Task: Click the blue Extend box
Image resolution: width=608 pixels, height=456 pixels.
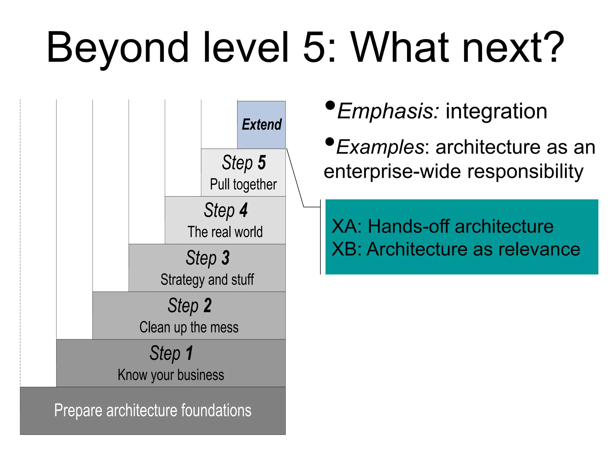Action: point(261,125)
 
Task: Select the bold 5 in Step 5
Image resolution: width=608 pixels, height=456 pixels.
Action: point(262,162)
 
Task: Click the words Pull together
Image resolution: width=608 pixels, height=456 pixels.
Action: point(243,184)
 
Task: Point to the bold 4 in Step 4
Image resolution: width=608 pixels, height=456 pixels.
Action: point(243,210)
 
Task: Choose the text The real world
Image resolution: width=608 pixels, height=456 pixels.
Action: point(225,232)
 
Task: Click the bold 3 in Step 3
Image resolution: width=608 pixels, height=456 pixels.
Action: point(225,258)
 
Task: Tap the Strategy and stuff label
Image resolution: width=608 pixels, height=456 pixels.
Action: point(207,280)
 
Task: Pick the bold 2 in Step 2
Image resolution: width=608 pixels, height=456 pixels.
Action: point(207,305)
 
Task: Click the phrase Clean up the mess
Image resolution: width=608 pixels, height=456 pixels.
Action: point(189,327)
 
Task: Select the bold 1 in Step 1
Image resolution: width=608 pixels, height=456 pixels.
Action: point(189,353)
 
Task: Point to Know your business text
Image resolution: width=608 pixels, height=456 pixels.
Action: point(171,375)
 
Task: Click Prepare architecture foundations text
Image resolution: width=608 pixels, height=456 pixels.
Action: point(153,411)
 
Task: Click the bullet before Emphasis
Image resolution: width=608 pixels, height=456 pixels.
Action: point(330,106)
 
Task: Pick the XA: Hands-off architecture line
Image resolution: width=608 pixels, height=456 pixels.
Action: point(442,226)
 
